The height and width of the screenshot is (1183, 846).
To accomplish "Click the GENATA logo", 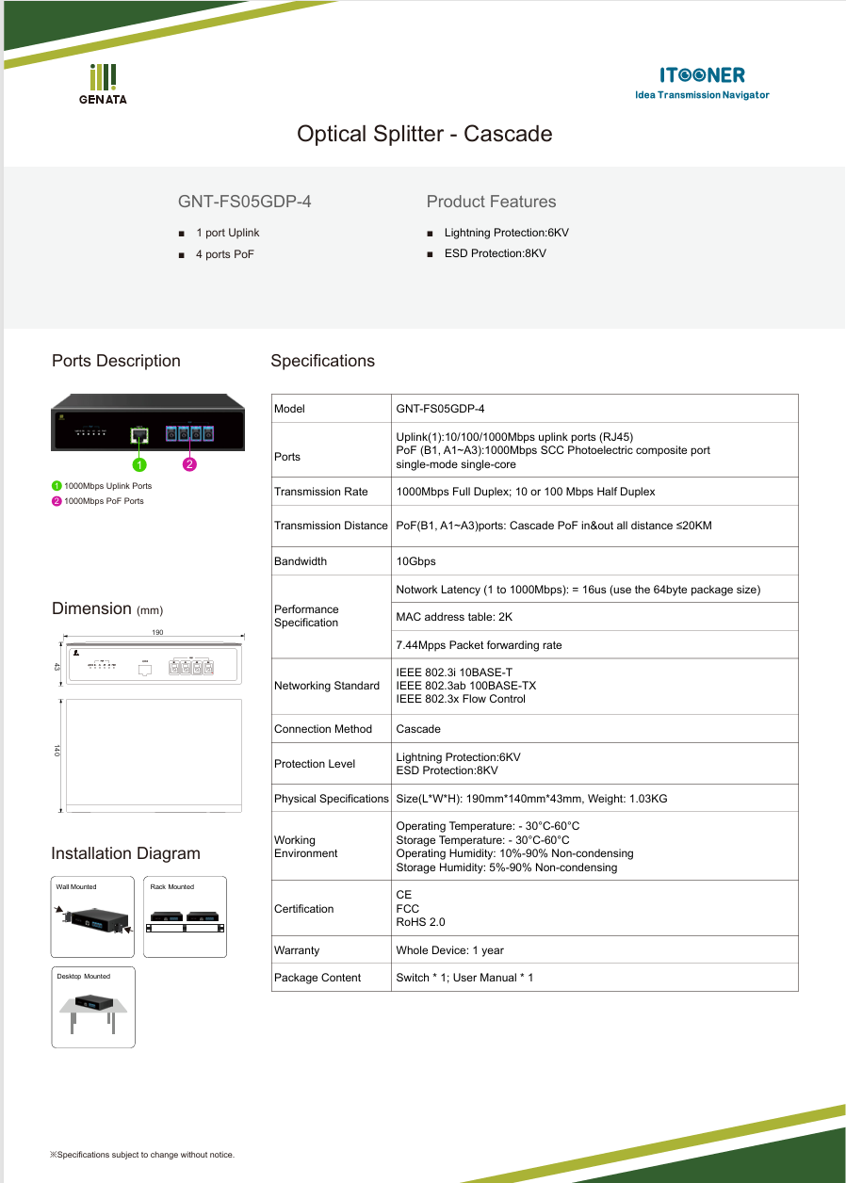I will (103, 84).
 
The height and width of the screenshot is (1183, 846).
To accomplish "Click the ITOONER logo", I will (702, 81).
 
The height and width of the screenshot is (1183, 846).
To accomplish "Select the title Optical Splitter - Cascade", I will (424, 134).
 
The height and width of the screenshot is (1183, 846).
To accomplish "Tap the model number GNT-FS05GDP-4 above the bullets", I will (244, 202).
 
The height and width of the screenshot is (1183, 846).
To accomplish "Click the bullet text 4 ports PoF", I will (224, 254).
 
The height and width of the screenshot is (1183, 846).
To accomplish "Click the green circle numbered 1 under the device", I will (138, 464).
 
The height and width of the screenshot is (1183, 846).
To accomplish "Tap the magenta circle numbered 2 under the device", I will (189, 464).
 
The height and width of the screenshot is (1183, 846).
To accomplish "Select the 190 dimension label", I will (158, 633).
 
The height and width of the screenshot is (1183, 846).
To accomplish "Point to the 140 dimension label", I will (57, 751).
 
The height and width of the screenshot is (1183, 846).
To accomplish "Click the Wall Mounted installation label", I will (76, 886).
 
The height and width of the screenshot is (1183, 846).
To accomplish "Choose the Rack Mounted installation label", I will (171, 886).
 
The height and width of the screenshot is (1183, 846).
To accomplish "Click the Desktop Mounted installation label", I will (83, 976).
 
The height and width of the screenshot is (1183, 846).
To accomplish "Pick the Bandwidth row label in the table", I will (301, 561).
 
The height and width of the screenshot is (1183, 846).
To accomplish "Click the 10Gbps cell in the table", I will (415, 561).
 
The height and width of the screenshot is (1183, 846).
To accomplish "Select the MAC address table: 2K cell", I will (454, 617).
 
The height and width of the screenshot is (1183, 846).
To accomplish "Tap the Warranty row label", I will (297, 950).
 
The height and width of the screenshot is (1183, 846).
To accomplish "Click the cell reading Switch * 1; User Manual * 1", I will (464, 978).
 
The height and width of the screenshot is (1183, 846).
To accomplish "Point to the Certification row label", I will (303, 909).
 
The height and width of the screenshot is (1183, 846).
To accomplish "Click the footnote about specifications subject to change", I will (142, 1155).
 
